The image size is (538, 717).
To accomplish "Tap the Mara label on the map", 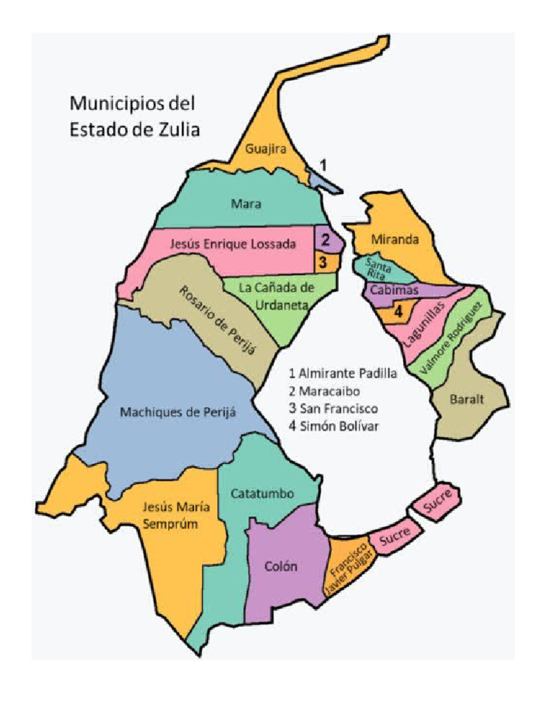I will click(x=246, y=204).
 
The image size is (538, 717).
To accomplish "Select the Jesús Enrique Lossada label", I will click(x=233, y=244).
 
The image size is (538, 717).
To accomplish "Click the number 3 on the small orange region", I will click(x=322, y=262).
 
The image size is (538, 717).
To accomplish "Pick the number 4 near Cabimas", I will click(x=398, y=312).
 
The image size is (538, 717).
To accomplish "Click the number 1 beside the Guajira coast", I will click(x=323, y=164).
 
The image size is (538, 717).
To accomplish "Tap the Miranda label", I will click(x=395, y=239).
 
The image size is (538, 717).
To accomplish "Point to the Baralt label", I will click(x=468, y=399).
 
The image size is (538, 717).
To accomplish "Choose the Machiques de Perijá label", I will click(x=178, y=412).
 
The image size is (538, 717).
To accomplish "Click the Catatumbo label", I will click(x=262, y=493).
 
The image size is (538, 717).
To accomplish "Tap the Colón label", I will click(x=282, y=566).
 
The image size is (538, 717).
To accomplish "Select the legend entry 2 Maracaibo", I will click(x=325, y=391).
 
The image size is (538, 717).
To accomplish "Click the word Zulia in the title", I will click(x=178, y=129).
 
